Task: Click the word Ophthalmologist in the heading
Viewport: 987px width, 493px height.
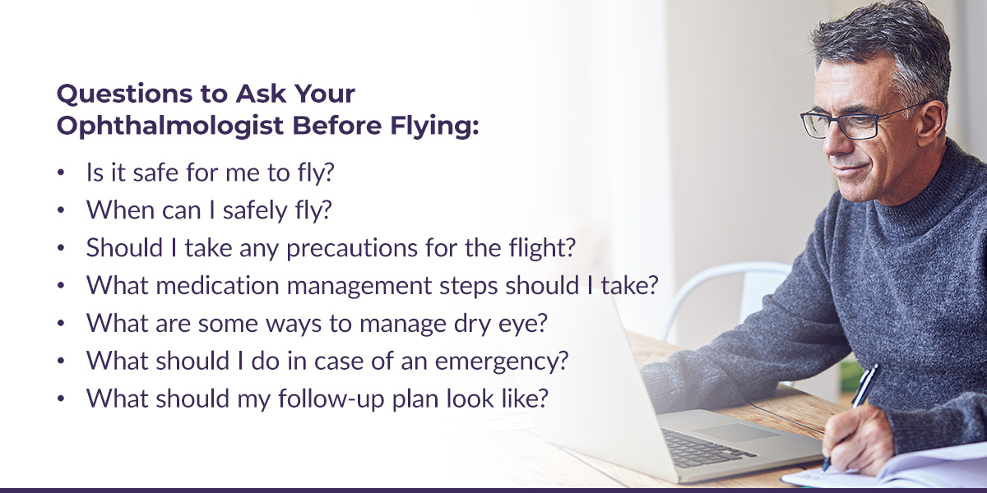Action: pyautogui.click(x=170, y=127)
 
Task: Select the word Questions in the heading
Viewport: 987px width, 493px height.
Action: pyautogui.click(x=125, y=94)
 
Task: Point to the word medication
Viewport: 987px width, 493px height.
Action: pyautogui.click(x=218, y=285)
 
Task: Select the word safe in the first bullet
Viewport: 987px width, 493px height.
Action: pyautogui.click(x=155, y=172)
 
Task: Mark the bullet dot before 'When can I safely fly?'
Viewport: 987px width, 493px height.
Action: pyautogui.click(x=61, y=210)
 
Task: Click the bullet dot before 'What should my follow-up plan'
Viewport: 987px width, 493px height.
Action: pyautogui.click(x=61, y=399)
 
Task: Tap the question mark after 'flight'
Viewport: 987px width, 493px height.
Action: pyautogui.click(x=570, y=247)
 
